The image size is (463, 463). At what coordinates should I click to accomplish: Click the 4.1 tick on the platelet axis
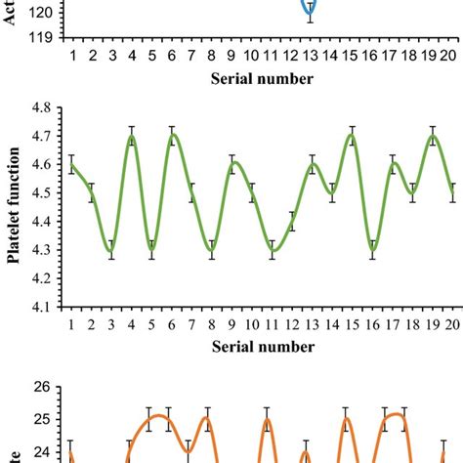(x=45, y=306)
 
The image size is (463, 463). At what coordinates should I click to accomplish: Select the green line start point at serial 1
(x=71, y=165)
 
